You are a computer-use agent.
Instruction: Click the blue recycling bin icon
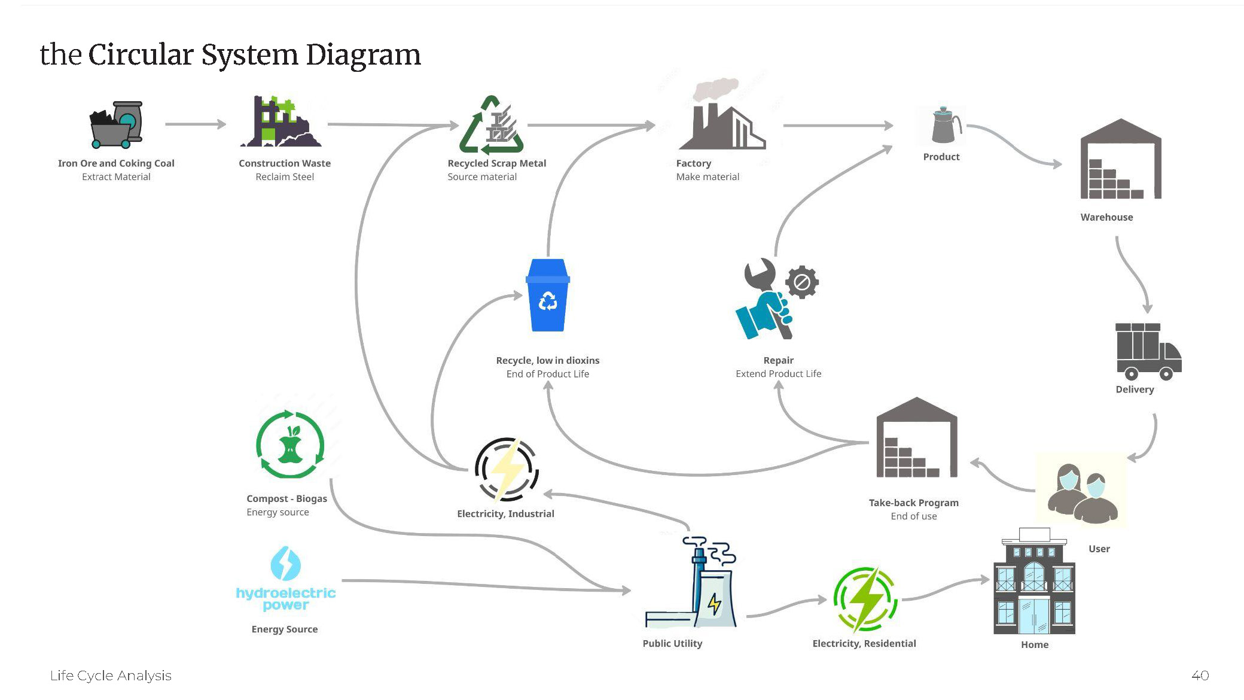click(548, 296)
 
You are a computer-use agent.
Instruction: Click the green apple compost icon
click(290, 445)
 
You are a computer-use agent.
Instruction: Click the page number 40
click(1200, 675)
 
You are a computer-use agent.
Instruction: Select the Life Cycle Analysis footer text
click(111, 675)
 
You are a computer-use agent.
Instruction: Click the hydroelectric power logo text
click(285, 598)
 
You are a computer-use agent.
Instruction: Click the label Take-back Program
click(913, 503)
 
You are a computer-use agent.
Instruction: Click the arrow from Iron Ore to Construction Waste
click(196, 124)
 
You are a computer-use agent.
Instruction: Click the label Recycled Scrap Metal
click(496, 163)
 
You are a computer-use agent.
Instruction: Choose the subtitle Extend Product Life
click(778, 374)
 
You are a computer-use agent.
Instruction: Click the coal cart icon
click(116, 124)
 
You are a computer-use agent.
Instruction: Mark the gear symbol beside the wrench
click(802, 282)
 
